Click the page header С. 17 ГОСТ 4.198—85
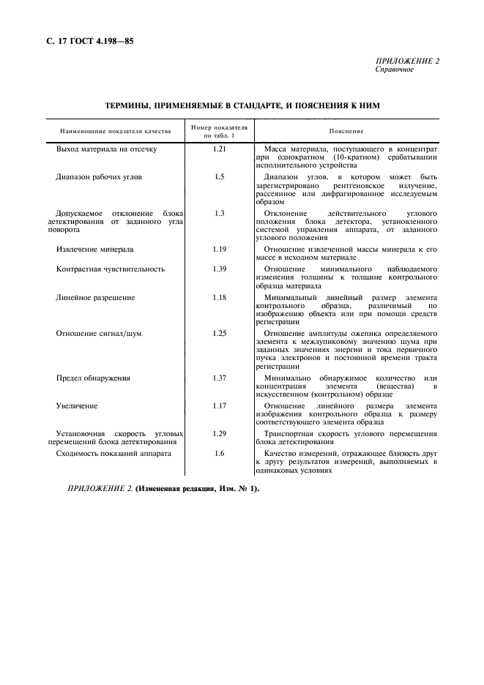pyautogui.click(x=84, y=41)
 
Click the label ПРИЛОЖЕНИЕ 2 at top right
pyautogui.click(x=407, y=61)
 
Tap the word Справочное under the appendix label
pyautogui.click(x=395, y=70)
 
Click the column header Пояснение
pyautogui.click(x=346, y=131)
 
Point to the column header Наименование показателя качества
pyautogui.click(x=116, y=131)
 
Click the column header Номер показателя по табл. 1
pyautogui.click(x=219, y=131)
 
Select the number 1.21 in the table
pyautogui.click(x=219, y=149)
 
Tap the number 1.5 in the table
pyautogui.click(x=219, y=177)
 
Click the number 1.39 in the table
pyautogui.click(x=219, y=269)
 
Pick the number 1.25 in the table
pyautogui.click(x=219, y=333)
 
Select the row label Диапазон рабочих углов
pyautogui.click(x=104, y=177)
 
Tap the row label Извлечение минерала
pyautogui.click(x=94, y=249)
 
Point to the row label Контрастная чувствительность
pyautogui.click(x=111, y=269)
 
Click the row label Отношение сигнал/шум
pyautogui.click(x=99, y=333)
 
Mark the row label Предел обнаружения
pyautogui.click(x=93, y=378)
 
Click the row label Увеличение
pyautogui.click(x=77, y=405)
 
